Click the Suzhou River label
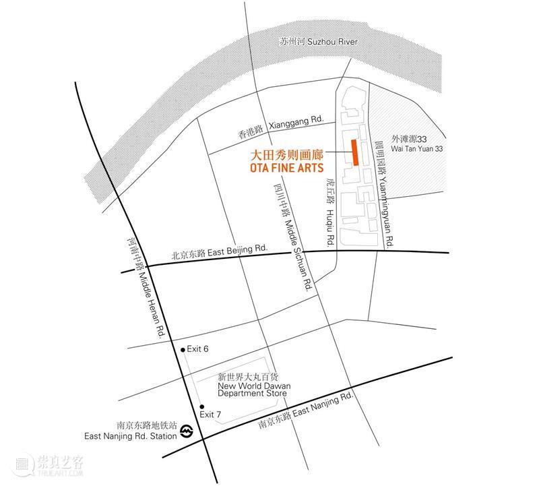tap(318, 42)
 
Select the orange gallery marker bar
tap(353, 152)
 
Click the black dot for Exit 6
tap(182, 350)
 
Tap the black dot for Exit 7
tap(201, 406)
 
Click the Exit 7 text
tap(212, 413)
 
